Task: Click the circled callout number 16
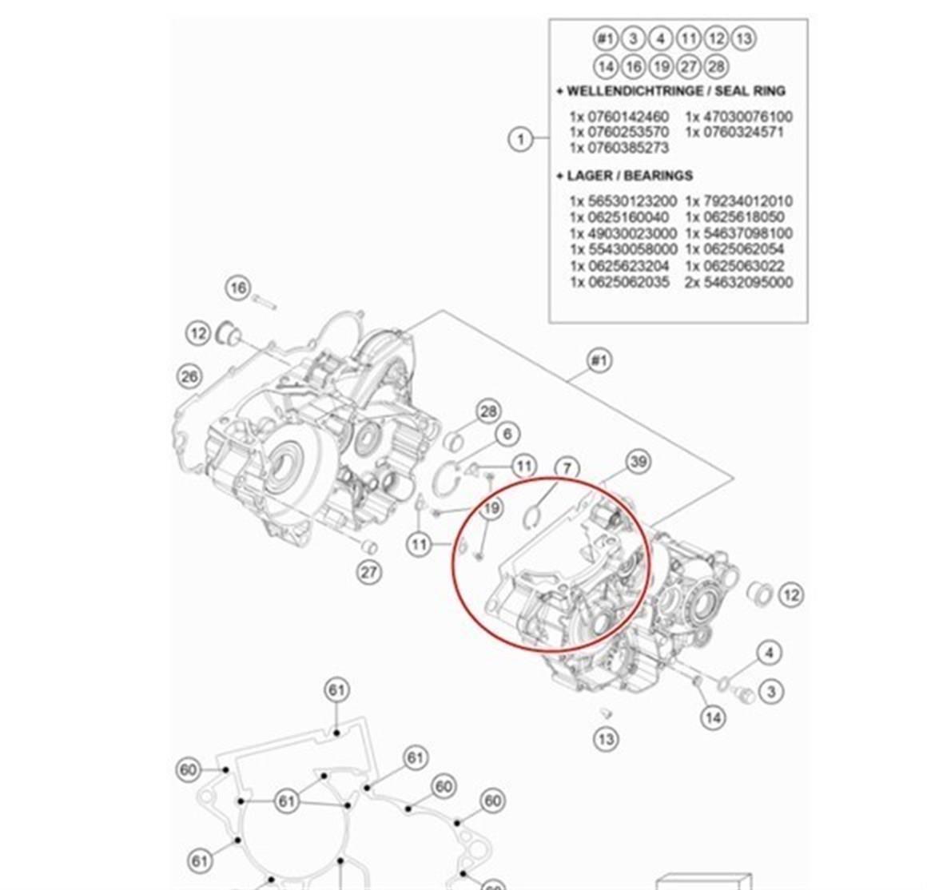coord(237,288)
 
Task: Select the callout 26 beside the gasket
coord(189,375)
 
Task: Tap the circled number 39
coord(637,462)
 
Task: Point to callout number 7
coord(567,468)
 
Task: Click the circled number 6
coord(507,434)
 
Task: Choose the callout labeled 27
coord(368,572)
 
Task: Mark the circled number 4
coord(769,653)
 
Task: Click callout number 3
coord(770,691)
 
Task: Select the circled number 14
coord(713,717)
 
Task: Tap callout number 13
coord(606,739)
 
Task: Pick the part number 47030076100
coord(748,117)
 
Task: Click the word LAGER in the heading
coord(590,176)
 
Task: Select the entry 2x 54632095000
coord(738,283)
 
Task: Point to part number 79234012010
coord(748,201)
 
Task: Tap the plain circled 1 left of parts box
coord(520,139)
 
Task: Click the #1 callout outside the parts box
coord(599,361)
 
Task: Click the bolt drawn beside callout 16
coord(264,303)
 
